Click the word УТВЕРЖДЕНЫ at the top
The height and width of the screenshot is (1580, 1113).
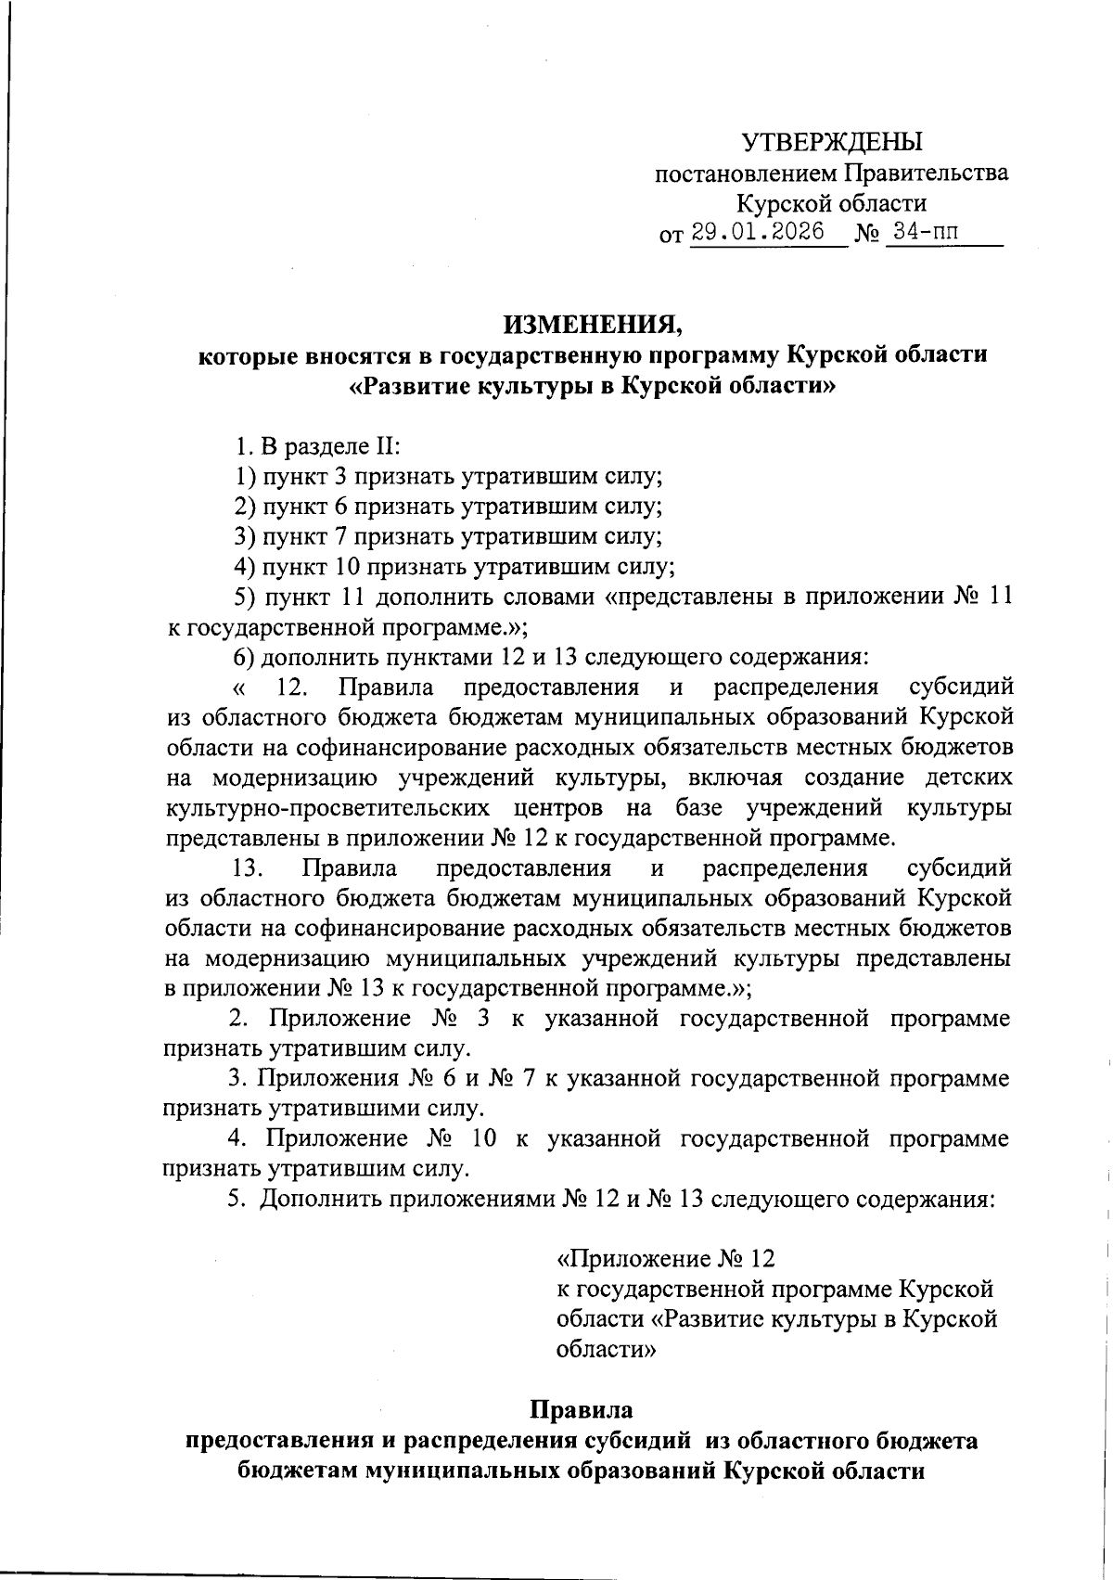[832, 143]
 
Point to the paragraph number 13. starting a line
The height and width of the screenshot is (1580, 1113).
[249, 868]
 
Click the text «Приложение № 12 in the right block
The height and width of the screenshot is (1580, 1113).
[664, 1259]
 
